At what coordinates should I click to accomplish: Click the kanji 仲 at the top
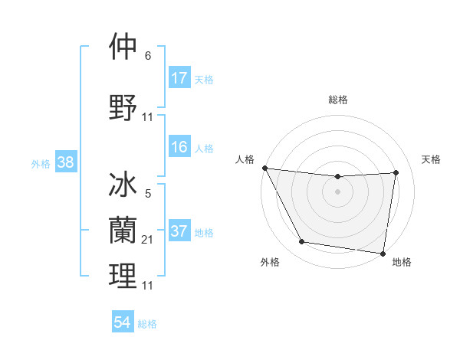click(123, 47)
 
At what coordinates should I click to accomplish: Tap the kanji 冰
click(123, 187)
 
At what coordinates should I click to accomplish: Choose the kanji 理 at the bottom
click(123, 276)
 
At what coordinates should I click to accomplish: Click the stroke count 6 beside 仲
click(148, 56)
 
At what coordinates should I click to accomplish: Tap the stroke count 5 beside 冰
click(148, 195)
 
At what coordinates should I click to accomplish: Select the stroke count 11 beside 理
click(148, 285)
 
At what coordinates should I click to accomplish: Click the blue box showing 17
click(179, 78)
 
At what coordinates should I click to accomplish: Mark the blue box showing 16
click(179, 147)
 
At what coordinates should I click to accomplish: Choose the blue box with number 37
click(179, 232)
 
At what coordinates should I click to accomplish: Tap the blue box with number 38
click(65, 162)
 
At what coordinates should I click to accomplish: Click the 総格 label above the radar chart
click(337, 100)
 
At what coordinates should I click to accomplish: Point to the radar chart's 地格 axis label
click(402, 262)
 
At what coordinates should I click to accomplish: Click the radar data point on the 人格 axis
click(264, 168)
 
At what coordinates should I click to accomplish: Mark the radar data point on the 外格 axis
click(301, 243)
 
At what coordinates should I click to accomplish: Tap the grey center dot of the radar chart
click(337, 191)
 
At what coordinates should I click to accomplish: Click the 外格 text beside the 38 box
click(41, 163)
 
